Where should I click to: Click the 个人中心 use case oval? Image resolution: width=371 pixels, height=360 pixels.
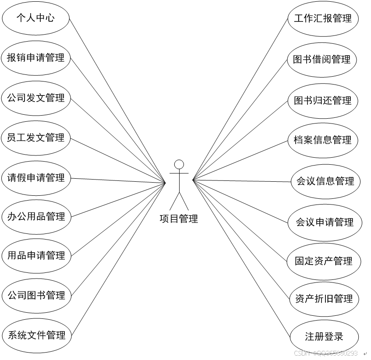(36, 18)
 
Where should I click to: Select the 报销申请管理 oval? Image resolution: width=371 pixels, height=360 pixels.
(36, 57)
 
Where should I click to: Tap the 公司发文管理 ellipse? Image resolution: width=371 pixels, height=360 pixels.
(36, 98)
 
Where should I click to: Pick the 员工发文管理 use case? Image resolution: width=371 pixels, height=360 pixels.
(36, 138)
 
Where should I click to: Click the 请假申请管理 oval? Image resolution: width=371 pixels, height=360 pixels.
(36, 178)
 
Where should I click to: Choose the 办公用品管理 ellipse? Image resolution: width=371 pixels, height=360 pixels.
(36, 216)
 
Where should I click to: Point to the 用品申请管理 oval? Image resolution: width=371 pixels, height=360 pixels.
(36, 255)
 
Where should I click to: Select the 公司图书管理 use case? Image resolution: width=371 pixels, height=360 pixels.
(36, 295)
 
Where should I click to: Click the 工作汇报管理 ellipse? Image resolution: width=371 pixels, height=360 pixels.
(323, 18)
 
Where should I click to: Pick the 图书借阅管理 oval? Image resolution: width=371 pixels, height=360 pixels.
(322, 60)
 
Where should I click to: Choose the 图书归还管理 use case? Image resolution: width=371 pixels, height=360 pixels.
(323, 100)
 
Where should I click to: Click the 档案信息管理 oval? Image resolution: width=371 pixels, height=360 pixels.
(323, 140)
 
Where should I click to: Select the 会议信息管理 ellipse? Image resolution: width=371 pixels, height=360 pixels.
(325, 181)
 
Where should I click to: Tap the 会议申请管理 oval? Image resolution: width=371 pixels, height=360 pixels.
(325, 222)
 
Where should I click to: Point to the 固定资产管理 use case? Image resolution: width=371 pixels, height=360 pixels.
(324, 261)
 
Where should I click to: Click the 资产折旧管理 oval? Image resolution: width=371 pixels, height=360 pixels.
(324, 299)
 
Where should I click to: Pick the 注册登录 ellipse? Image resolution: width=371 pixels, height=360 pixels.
(324, 337)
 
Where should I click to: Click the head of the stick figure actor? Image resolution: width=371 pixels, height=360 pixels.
(179, 165)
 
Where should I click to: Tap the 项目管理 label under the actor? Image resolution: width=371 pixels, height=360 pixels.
(179, 219)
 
